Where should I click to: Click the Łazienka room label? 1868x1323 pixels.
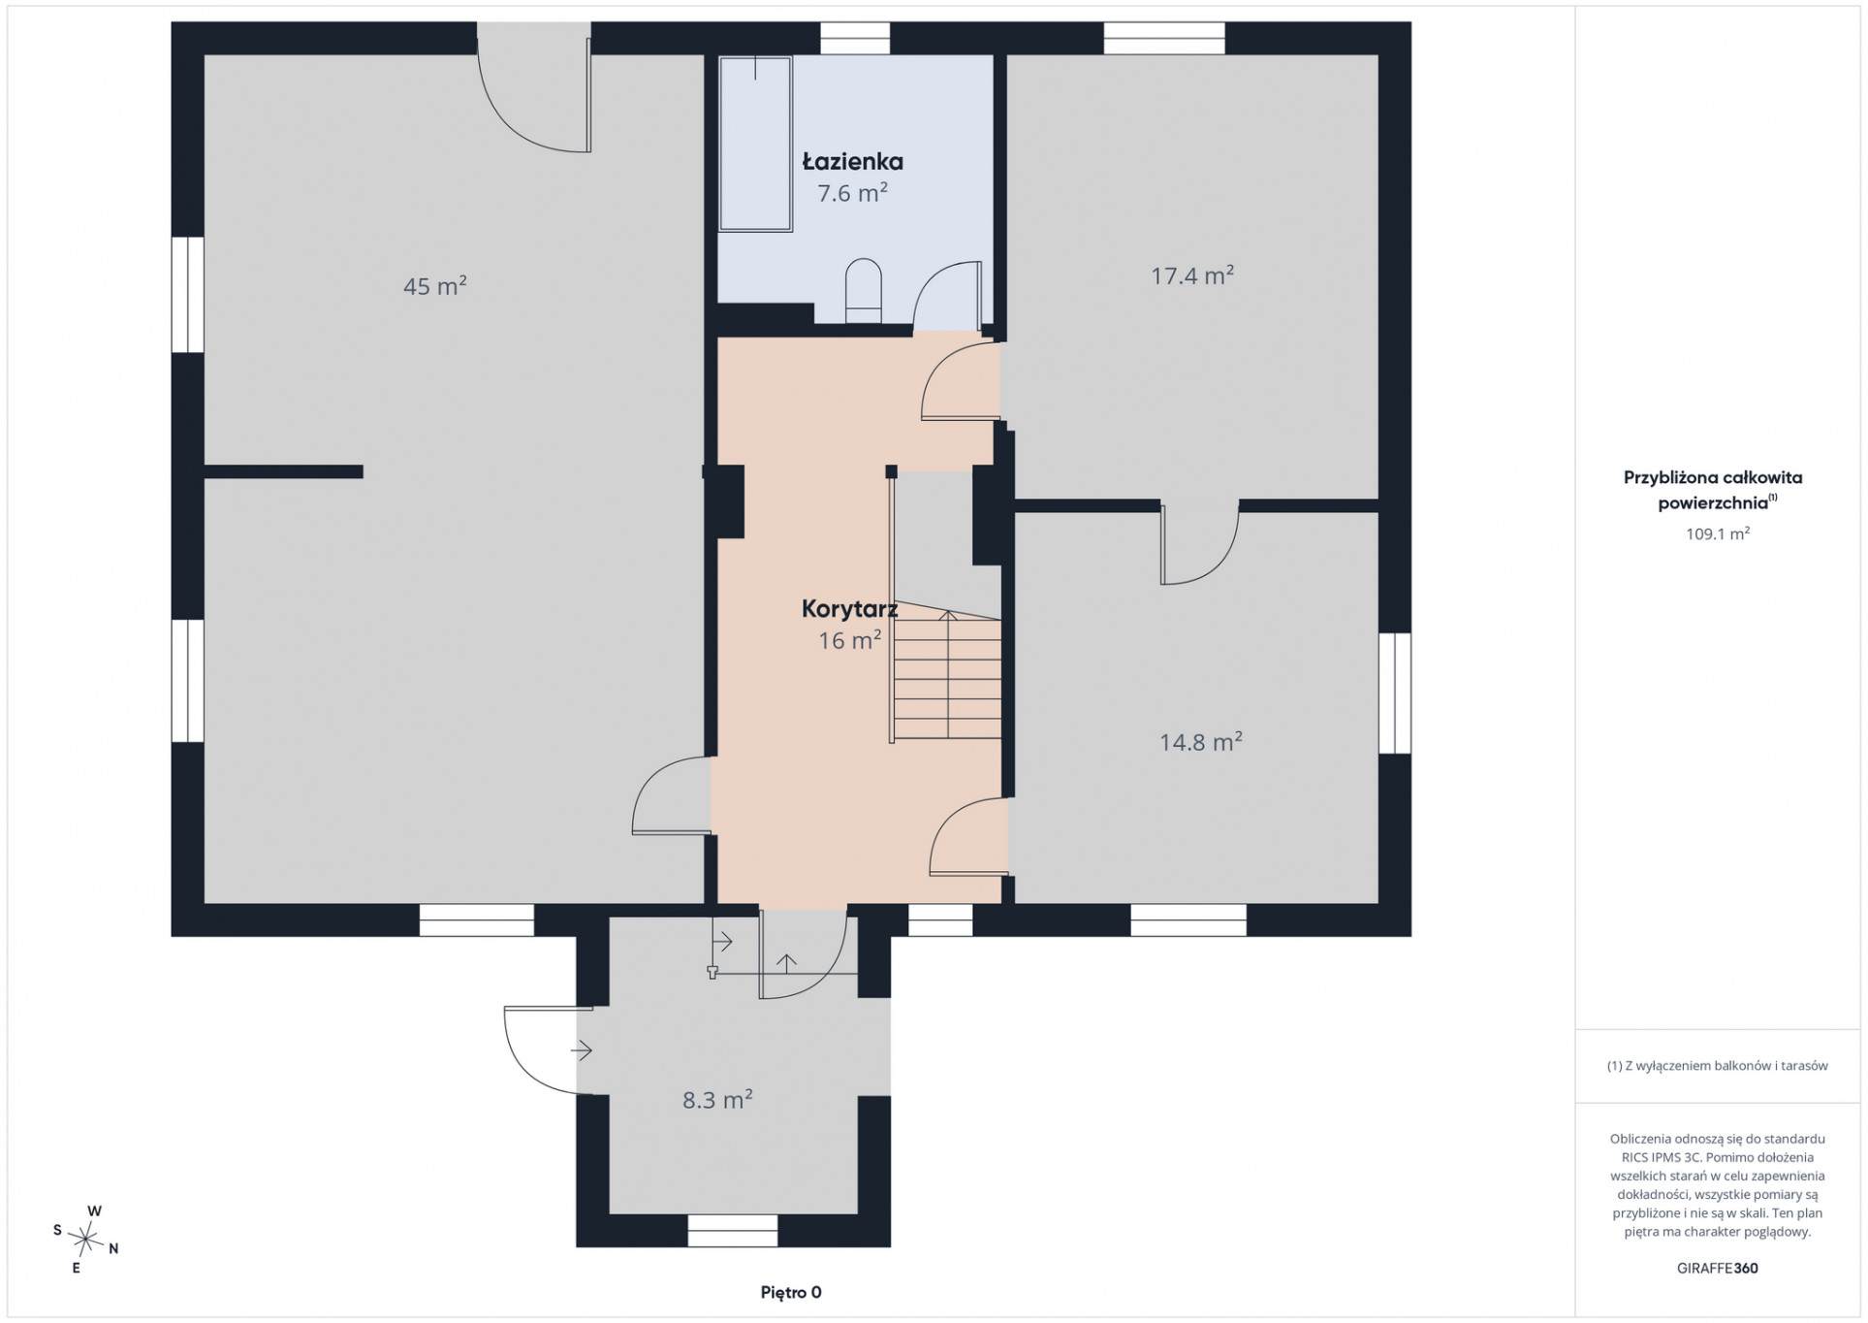point(852,162)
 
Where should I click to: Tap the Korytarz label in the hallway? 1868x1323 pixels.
point(849,609)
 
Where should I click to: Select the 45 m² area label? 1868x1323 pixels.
point(435,286)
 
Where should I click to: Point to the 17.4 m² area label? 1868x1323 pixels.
point(1192,275)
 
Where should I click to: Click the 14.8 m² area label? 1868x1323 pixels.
point(1201,742)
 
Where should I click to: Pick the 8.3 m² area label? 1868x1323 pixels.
point(717,1099)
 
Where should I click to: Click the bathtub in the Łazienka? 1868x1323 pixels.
point(755,144)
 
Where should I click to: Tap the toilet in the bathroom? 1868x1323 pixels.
point(863,290)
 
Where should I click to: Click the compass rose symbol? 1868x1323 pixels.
point(87,1239)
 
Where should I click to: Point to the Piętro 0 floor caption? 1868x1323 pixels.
point(791,1292)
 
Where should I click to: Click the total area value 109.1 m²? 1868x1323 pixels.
point(1718,533)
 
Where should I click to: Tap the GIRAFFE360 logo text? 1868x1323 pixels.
point(1718,1268)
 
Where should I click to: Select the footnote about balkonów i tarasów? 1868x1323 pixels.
point(1718,1065)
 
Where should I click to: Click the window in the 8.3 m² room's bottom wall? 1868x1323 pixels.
point(733,1231)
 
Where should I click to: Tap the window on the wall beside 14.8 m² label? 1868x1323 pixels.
point(1395,693)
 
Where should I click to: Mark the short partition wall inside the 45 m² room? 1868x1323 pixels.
point(284,472)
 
